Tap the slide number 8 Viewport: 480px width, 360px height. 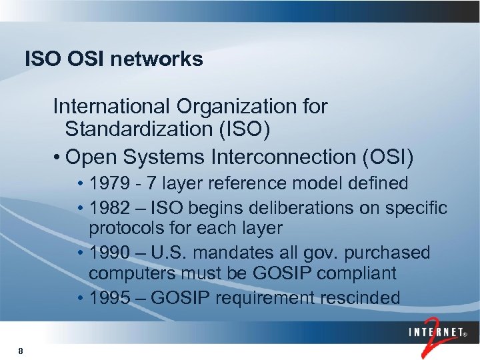[21, 351]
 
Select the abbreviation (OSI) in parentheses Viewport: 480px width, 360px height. [387, 157]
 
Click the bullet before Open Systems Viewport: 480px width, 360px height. [59, 158]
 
